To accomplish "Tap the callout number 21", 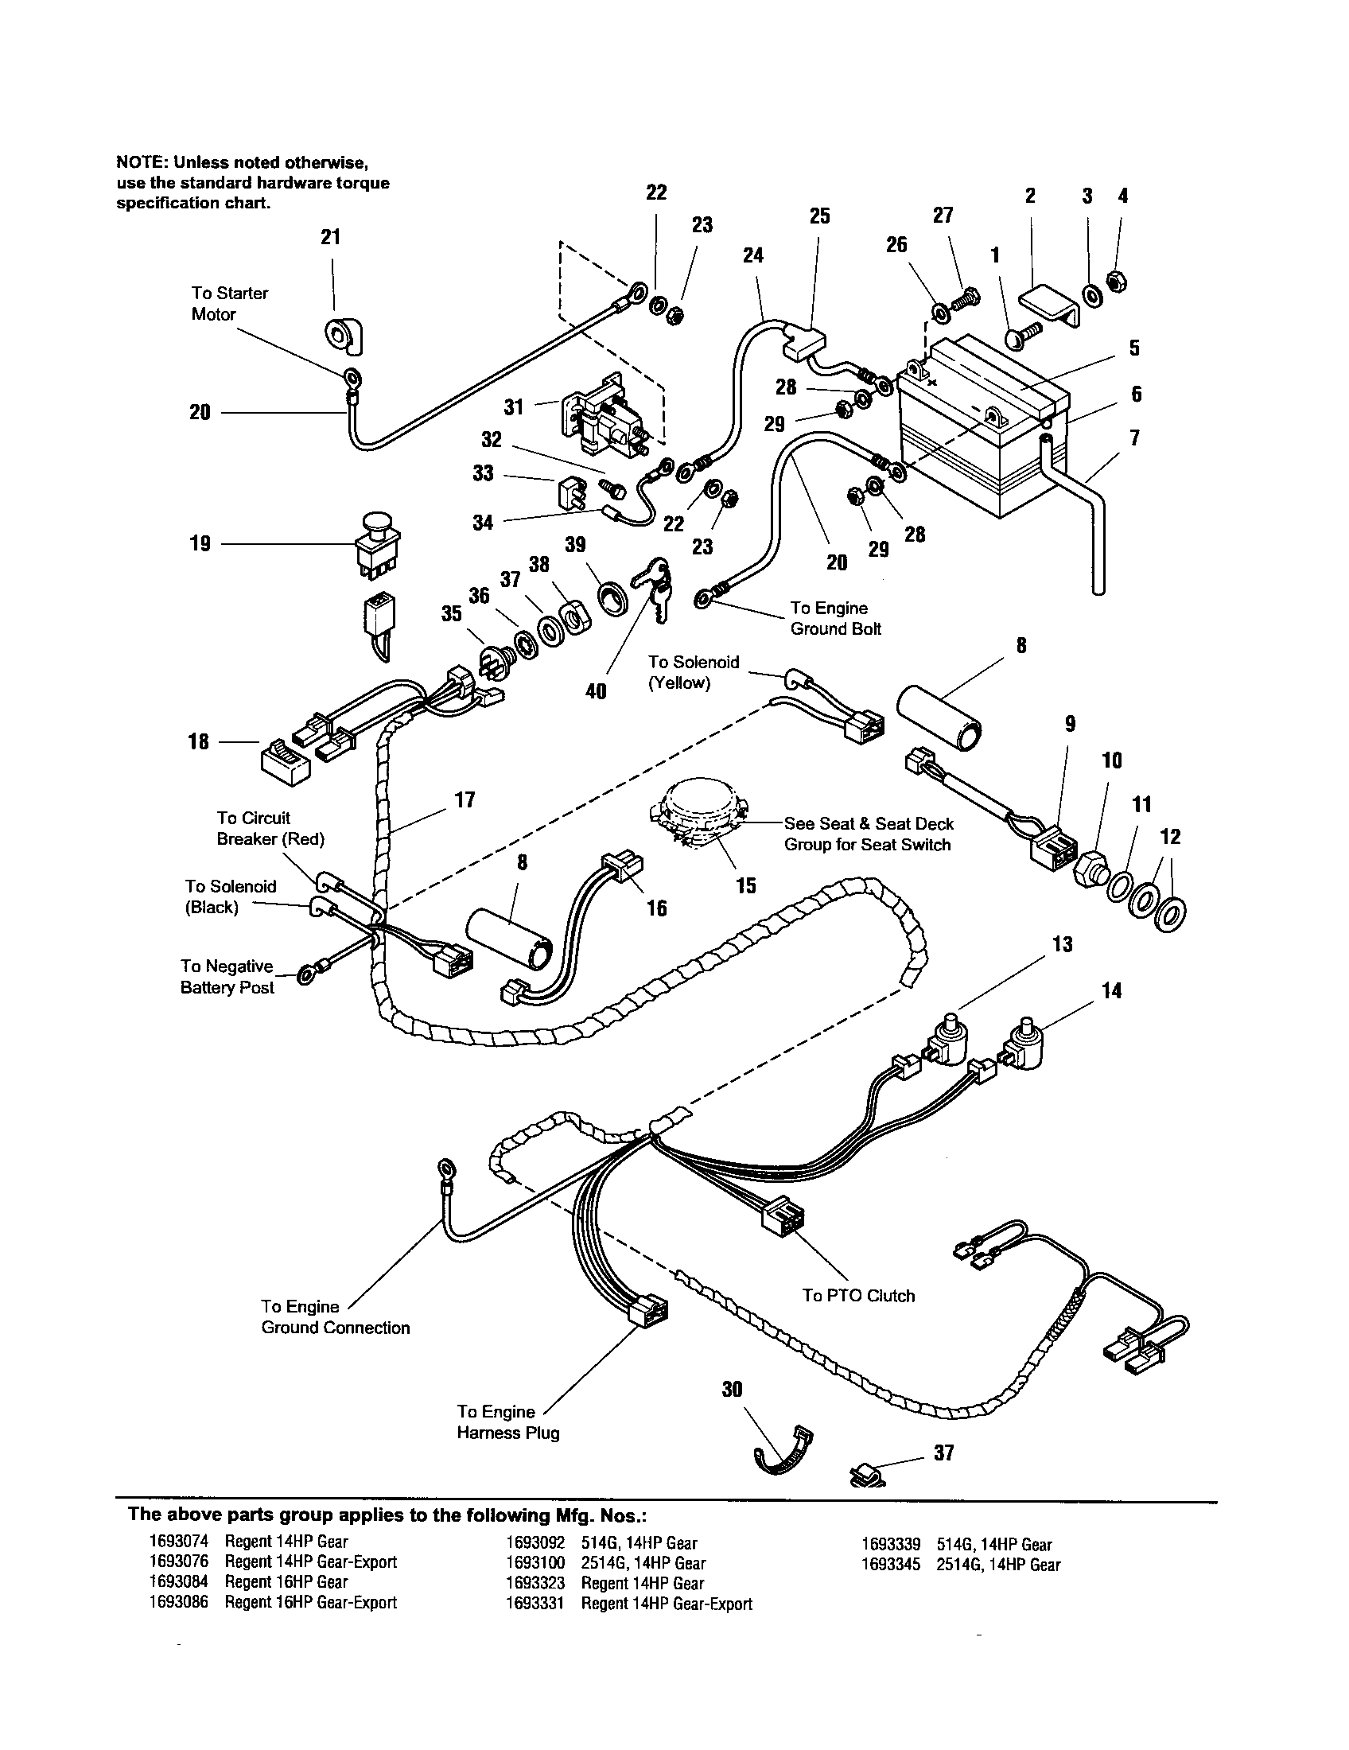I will click(x=330, y=237).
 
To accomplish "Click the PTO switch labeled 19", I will click(x=377, y=545).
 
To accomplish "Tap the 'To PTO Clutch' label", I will click(x=858, y=1296).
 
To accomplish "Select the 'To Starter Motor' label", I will click(x=229, y=304).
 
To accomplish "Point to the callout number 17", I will click(x=465, y=799).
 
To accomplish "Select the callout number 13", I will click(x=1062, y=945).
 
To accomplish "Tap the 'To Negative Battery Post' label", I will click(x=227, y=977).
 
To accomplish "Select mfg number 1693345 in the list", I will click(x=890, y=1565).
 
